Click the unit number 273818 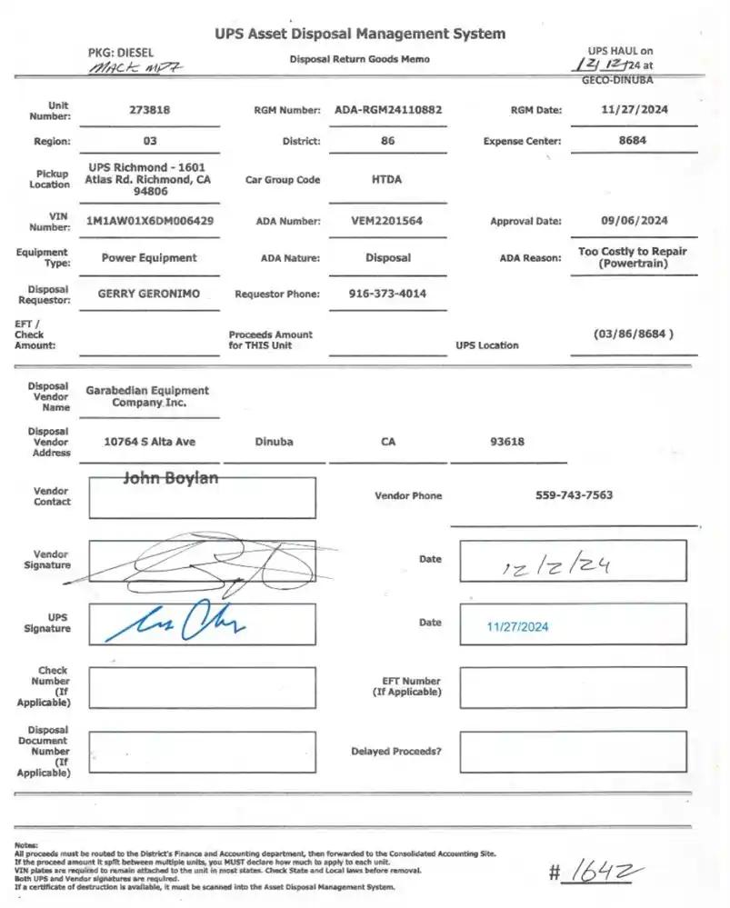tap(149, 110)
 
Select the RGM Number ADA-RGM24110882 tap(388, 110)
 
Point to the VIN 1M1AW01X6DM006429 tap(150, 221)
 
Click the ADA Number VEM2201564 tap(386, 221)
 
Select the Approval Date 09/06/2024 tap(634, 221)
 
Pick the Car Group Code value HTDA tap(386, 180)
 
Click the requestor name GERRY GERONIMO tap(149, 294)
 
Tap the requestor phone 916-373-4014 tap(387, 294)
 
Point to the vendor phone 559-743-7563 tap(574, 495)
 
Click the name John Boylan tap(170, 478)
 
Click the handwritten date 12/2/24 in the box tap(556, 567)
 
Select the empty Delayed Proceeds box tap(572, 752)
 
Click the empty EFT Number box tap(572, 687)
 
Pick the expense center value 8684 tap(633, 141)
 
